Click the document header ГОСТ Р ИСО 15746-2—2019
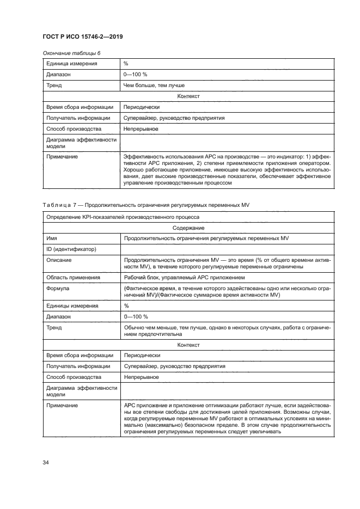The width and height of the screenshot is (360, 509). pos(82,36)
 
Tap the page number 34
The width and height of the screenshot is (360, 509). pos(46,463)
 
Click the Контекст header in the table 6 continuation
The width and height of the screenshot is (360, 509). pos(188,96)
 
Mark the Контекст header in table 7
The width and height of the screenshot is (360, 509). pos(188,345)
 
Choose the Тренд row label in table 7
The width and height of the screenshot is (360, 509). pos(54,327)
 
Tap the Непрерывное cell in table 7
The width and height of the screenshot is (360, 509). pos(141,377)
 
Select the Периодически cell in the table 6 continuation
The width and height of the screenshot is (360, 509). pos(142,107)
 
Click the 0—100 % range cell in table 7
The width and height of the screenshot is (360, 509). pos(136,316)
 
